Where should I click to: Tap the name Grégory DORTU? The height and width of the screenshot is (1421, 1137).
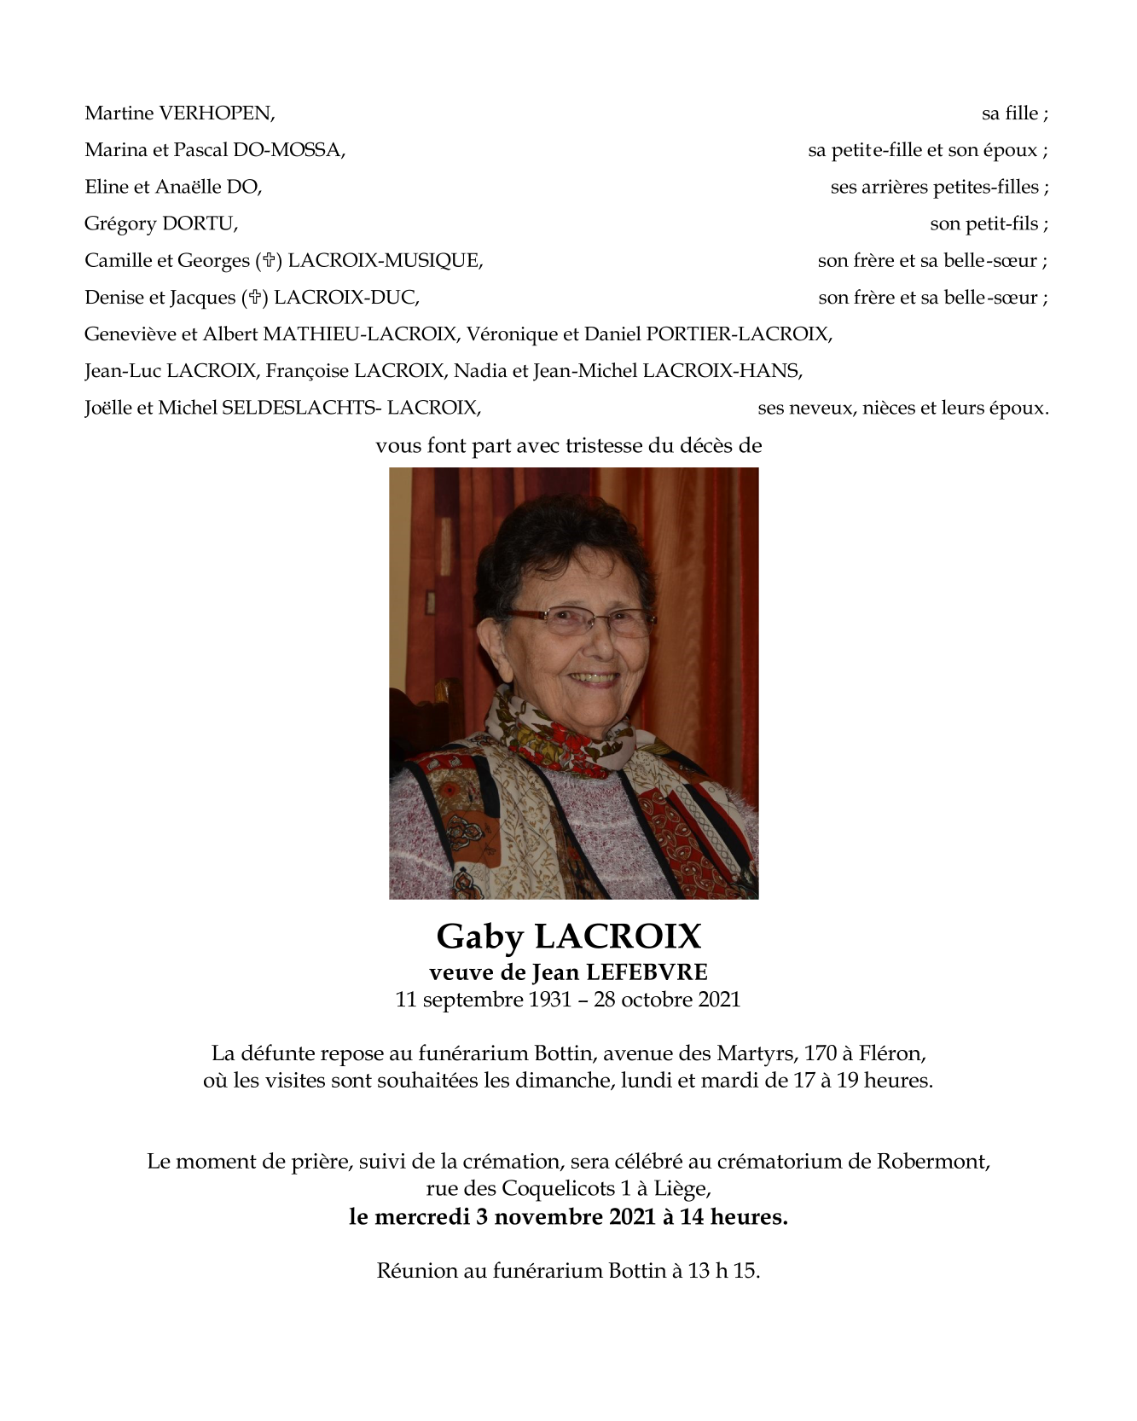pos(160,224)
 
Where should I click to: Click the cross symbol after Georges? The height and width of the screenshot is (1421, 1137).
pos(269,261)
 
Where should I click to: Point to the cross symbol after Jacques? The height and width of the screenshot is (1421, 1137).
pos(254,298)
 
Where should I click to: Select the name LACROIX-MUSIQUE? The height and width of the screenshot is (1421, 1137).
pos(385,261)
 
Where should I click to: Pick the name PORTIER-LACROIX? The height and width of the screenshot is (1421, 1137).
pos(739,334)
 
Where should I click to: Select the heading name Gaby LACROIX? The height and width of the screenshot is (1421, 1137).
pos(568,937)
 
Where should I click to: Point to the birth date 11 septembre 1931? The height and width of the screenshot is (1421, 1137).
pos(483,1000)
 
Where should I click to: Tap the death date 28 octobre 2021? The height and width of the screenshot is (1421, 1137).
pos(667,1000)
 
